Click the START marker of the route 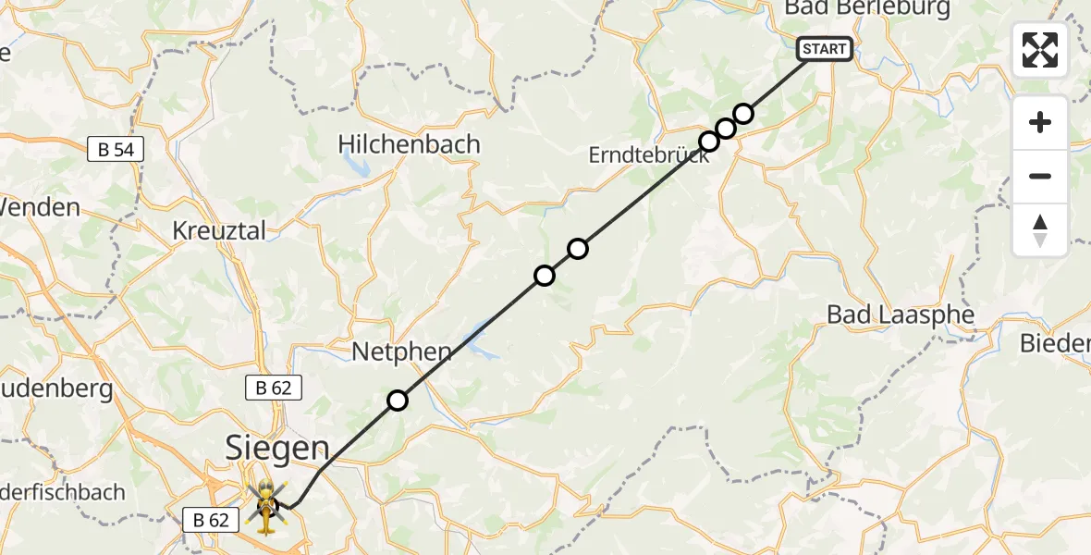tap(824, 49)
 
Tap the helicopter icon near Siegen tap(265, 506)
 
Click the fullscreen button tap(1040, 50)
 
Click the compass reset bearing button tap(1040, 230)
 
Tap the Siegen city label tap(277, 450)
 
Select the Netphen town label tap(401, 351)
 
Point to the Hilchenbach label tap(409, 144)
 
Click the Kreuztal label tap(219, 230)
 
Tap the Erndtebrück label tap(648, 155)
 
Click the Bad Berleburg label tap(866, 9)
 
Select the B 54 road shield tap(116, 149)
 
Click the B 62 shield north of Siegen tap(274, 388)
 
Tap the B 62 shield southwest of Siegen tap(211, 520)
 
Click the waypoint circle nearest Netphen tap(398, 401)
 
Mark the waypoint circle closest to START tap(743, 114)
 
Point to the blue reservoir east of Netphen tap(482, 342)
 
